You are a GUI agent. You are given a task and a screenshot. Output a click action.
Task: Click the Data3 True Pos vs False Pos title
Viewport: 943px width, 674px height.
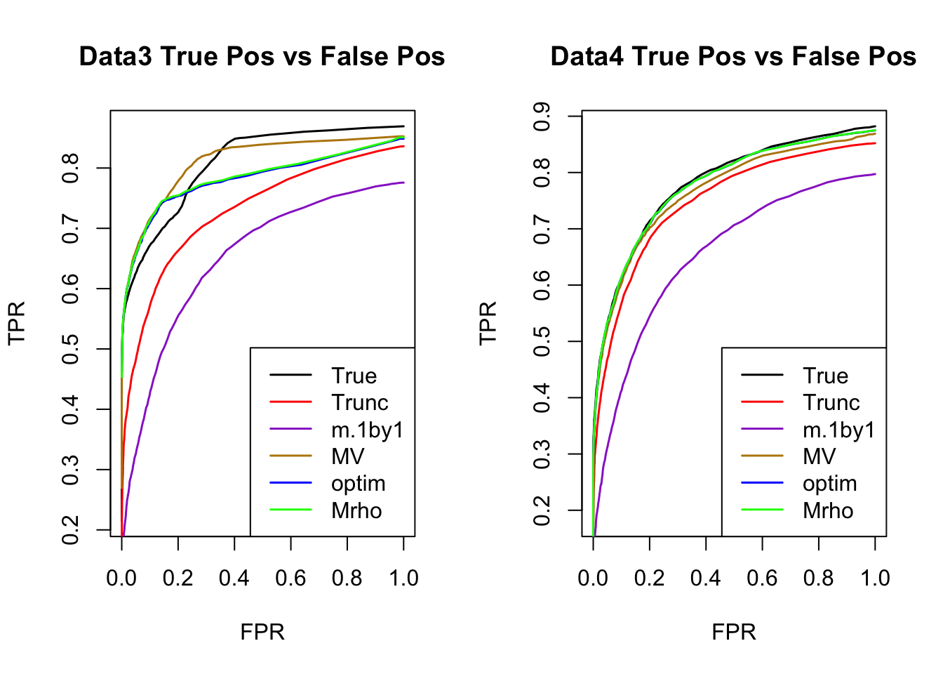[262, 56]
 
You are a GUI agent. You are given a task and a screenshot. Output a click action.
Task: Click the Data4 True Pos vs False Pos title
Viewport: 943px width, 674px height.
[733, 56]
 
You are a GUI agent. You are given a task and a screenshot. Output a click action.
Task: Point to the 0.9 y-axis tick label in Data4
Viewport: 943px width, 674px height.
[542, 117]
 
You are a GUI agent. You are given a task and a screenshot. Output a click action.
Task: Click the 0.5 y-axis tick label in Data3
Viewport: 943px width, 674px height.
[70, 349]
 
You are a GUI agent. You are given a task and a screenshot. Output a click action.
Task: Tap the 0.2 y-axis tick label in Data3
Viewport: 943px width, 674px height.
[70, 529]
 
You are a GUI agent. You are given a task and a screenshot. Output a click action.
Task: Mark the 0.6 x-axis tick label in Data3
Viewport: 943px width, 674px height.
[290, 578]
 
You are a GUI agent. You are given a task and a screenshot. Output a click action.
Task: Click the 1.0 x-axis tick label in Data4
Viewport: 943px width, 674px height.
[875, 578]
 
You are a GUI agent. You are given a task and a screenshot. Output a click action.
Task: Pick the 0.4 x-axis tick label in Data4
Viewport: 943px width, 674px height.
[706, 578]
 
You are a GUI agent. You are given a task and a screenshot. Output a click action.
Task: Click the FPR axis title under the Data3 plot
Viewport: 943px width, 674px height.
[262, 632]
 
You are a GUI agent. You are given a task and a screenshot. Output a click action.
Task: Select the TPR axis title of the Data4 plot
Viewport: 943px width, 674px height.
[488, 322]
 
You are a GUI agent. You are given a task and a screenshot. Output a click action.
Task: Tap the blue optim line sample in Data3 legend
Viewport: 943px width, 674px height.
[290, 483]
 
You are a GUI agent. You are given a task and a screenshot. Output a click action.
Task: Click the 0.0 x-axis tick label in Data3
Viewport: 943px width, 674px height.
[121, 578]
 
